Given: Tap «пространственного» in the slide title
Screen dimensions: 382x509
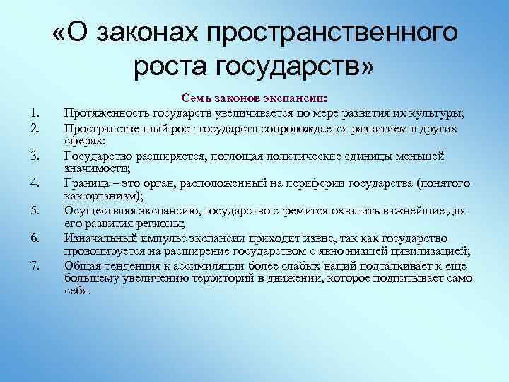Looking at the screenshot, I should coord(338,34).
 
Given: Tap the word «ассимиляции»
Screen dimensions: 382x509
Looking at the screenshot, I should coord(208,266).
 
